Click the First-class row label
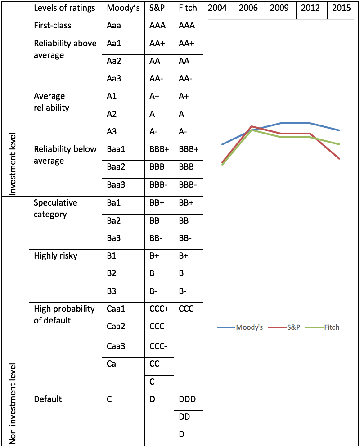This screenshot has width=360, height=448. coord(52,26)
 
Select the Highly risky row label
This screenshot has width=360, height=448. coord(55,256)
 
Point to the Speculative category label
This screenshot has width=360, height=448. coord(55,209)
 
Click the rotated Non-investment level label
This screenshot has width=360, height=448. coord(13,404)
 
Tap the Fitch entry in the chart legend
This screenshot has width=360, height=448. coord(323,327)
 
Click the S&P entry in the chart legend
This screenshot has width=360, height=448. coord(284,327)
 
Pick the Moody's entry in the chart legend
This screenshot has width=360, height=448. coord(240,327)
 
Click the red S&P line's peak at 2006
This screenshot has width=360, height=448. coord(252,126)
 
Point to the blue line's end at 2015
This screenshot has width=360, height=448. coord(339,130)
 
